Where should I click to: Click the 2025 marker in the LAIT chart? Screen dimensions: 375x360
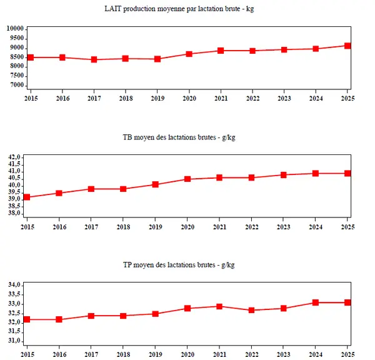point(347,46)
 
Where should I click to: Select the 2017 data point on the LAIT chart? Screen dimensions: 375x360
point(94,59)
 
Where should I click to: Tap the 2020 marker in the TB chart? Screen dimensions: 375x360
point(187,179)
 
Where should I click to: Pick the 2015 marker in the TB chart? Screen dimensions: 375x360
point(27,197)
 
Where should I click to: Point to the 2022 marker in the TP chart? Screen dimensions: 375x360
point(251,310)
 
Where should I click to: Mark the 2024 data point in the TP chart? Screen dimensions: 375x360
point(316,302)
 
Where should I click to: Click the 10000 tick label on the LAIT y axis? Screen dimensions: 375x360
point(15,29)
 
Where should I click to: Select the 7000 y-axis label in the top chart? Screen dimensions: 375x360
point(17,85)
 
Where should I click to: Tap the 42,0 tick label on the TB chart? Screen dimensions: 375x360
point(14,157)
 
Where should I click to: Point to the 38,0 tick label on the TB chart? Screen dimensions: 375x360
point(14,213)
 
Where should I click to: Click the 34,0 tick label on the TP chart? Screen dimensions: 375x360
point(14,284)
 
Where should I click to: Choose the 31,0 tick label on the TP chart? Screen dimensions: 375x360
point(14,341)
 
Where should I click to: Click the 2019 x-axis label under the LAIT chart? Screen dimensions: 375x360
point(157,98)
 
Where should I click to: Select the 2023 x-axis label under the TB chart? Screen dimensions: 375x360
point(283,227)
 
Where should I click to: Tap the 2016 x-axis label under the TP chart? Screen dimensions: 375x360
point(59,354)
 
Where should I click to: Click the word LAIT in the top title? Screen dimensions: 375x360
point(113,9)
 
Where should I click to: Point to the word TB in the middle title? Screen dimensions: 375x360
point(127,137)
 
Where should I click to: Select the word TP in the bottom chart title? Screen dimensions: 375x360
point(127,265)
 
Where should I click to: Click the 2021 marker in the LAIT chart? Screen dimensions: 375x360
point(221,51)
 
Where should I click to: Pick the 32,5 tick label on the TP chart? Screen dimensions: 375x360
point(14,313)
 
